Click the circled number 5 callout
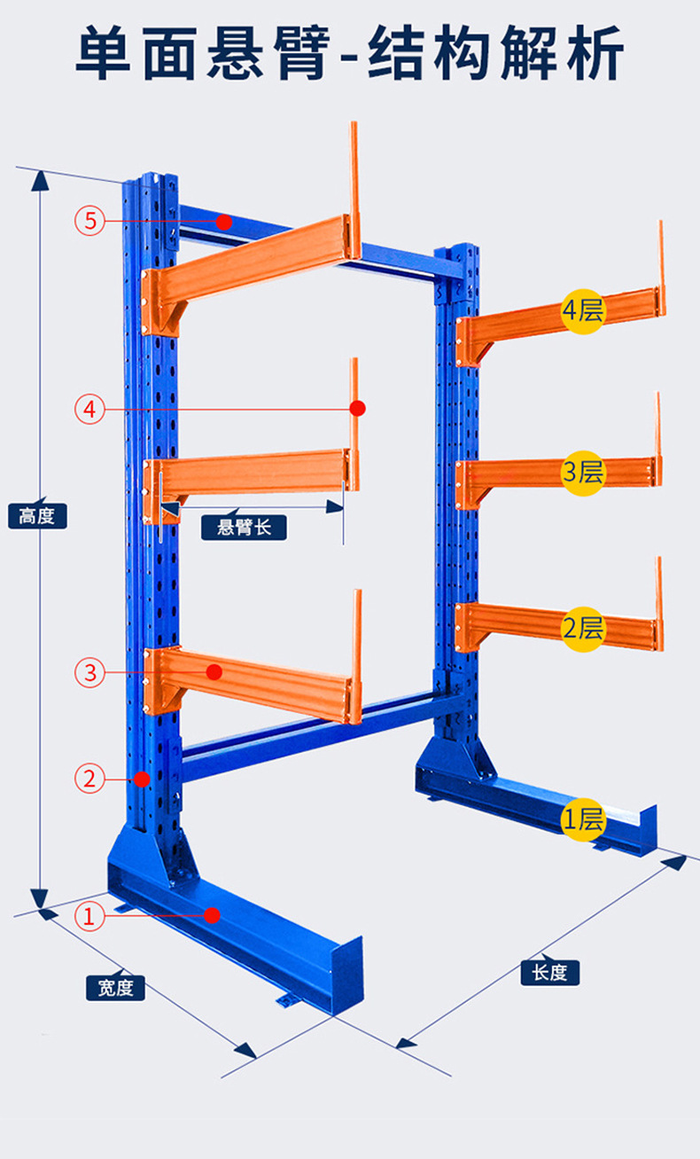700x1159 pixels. pyautogui.click(x=90, y=221)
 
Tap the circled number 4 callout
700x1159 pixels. pyautogui.click(x=90, y=410)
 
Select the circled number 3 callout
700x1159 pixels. pyautogui.click(x=90, y=673)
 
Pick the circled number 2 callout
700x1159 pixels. pyautogui.click(x=90, y=779)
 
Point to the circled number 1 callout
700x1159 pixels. pyautogui.click(x=89, y=916)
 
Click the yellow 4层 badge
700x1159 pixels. pyautogui.click(x=583, y=311)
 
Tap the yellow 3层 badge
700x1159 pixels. pyautogui.click(x=583, y=473)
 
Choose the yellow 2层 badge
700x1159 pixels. pyautogui.click(x=583, y=630)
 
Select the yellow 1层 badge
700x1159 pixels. pyautogui.click(x=583, y=819)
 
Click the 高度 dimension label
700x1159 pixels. pyautogui.click(x=37, y=516)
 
